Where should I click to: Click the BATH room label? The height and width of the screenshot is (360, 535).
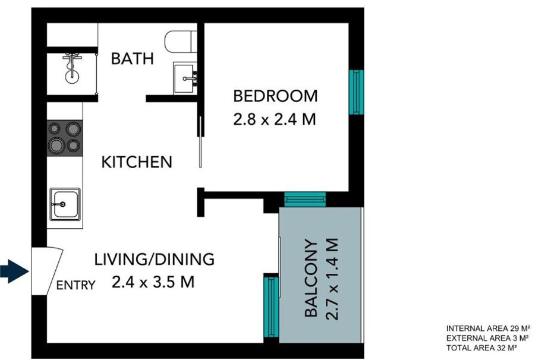click(x=133, y=59)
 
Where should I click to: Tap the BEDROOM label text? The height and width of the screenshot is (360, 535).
click(x=275, y=96)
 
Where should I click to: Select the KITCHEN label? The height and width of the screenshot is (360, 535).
click(x=137, y=162)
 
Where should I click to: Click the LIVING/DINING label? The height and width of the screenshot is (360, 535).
click(x=154, y=259)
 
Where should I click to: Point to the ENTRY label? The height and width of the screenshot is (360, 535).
click(x=75, y=285)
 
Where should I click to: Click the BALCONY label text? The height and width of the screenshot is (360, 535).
click(x=311, y=278)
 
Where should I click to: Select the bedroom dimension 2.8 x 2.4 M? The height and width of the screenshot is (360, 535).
click(x=275, y=119)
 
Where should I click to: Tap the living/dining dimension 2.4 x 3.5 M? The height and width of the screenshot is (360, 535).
click(x=153, y=282)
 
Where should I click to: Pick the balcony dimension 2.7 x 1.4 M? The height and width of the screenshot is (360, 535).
click(x=332, y=279)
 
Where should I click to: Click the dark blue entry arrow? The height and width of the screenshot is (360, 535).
click(x=14, y=271)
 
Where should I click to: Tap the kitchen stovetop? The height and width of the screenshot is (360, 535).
click(x=65, y=138)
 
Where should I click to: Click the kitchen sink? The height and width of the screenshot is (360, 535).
click(x=65, y=204)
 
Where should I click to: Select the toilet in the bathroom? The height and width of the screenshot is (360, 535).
click(x=181, y=42)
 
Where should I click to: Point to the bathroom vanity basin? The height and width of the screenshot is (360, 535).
click(x=185, y=78)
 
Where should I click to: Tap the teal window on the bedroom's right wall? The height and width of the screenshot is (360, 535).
click(x=356, y=92)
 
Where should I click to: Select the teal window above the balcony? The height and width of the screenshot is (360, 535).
click(x=305, y=199)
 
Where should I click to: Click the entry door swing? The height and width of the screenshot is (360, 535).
click(x=48, y=271)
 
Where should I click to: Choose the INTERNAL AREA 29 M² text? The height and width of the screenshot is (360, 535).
click(x=488, y=329)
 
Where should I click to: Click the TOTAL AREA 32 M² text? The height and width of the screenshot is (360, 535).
click(x=481, y=348)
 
